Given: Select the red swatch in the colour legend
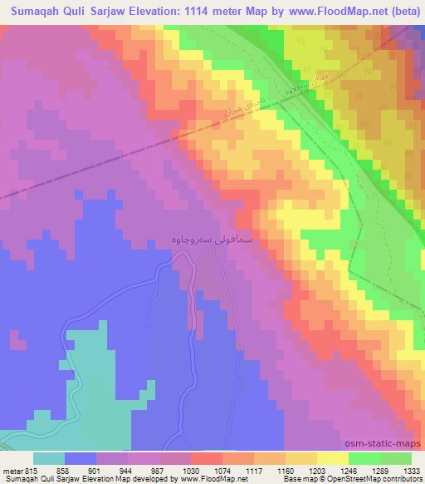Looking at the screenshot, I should [x=208, y=459].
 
